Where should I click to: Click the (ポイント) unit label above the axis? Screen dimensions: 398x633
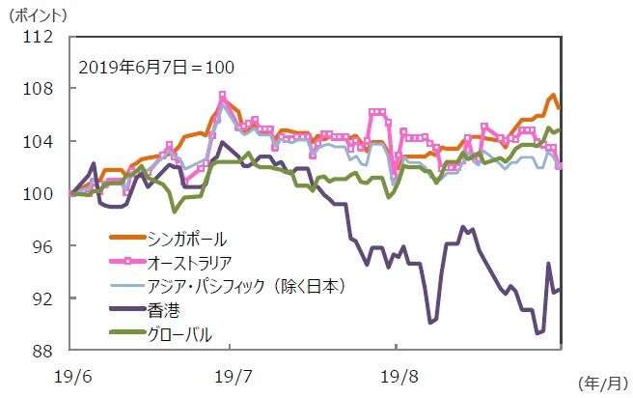pyautogui.click(x=40, y=14)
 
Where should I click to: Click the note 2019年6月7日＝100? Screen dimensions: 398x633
pyautogui.click(x=156, y=68)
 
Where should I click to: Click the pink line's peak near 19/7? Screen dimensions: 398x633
pyautogui.click(x=222, y=96)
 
